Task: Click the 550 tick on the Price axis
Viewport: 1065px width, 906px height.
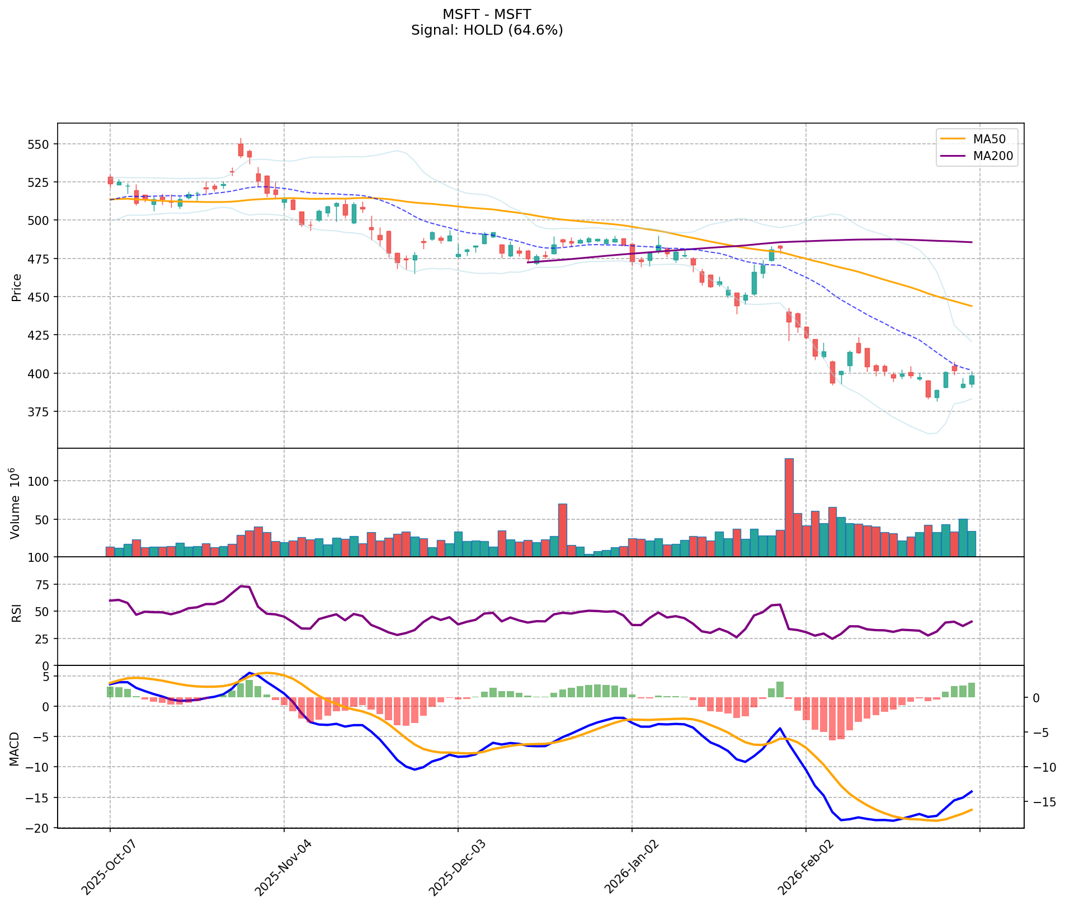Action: (39, 144)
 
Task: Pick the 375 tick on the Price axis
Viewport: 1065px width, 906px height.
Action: (39, 412)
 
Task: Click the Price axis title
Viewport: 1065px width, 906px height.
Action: (17, 287)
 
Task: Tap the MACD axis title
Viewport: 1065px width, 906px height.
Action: (13, 749)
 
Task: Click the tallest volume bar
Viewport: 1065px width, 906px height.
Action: (789, 507)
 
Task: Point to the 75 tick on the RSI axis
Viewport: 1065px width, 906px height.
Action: (42, 585)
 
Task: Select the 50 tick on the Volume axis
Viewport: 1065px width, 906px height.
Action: (42, 519)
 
